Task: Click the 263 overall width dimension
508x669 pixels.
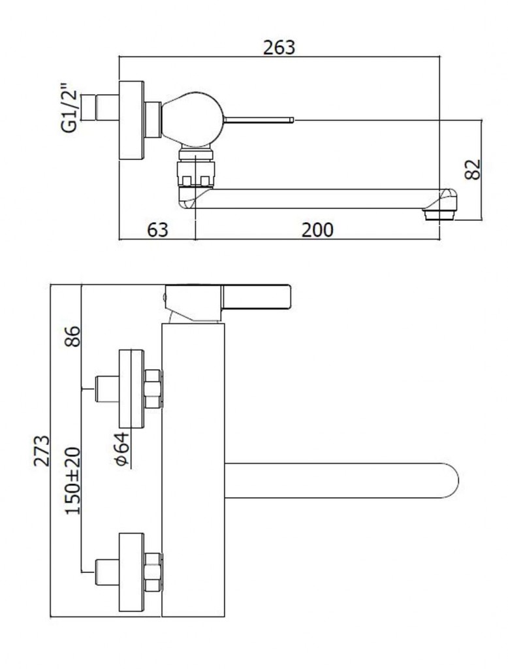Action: [x=279, y=47]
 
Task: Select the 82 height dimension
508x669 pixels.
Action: [x=473, y=169]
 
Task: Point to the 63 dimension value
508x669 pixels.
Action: [x=158, y=230]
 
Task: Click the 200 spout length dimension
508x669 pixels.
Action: [x=317, y=230]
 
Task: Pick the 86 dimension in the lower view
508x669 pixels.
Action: [x=73, y=336]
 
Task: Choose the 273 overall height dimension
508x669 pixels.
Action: [x=42, y=451]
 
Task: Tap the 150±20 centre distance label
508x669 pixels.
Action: [x=73, y=481]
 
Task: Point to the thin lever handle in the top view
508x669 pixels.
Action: [x=259, y=120]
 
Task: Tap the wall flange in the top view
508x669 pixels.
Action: [x=131, y=120]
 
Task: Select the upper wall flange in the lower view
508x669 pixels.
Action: [x=131, y=389]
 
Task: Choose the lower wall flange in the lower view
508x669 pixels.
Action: [x=131, y=572]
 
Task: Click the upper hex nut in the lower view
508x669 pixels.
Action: [x=153, y=389]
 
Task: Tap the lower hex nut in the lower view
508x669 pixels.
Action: [x=153, y=572]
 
